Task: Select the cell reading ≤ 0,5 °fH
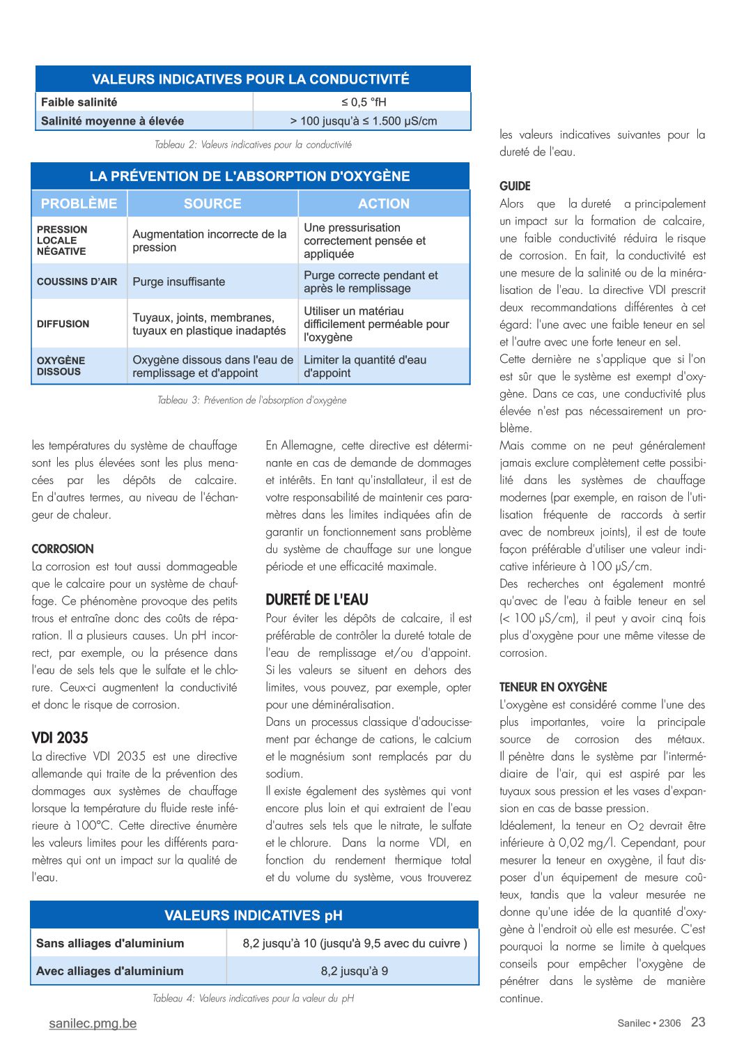pyautogui.click(x=364, y=102)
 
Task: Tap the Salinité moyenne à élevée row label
pyautogui.click(x=113, y=121)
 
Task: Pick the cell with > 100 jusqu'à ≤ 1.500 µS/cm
pyautogui.click(x=364, y=121)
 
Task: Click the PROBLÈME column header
pyautogui.click(x=79, y=204)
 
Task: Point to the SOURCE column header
pyautogui.click(x=212, y=204)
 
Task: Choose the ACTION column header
pyautogui.click(x=384, y=204)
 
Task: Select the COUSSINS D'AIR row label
pyautogui.click(x=77, y=282)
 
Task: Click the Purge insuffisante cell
pyautogui.click(x=179, y=282)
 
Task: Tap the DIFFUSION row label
pyautogui.click(x=63, y=324)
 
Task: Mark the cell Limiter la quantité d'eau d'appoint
pyautogui.click(x=365, y=366)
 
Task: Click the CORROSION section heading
pyautogui.click(x=63, y=549)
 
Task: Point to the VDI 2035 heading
pyautogui.click(x=60, y=738)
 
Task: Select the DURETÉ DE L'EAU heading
pyautogui.click(x=317, y=600)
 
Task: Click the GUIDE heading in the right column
pyautogui.click(x=515, y=186)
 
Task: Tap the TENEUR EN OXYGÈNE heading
pyautogui.click(x=553, y=687)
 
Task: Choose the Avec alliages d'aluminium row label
pyautogui.click(x=110, y=971)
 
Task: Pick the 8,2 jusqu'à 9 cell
pyautogui.click(x=355, y=971)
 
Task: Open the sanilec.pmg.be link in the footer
pyautogui.click(x=93, y=1023)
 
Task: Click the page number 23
pyautogui.click(x=698, y=1022)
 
